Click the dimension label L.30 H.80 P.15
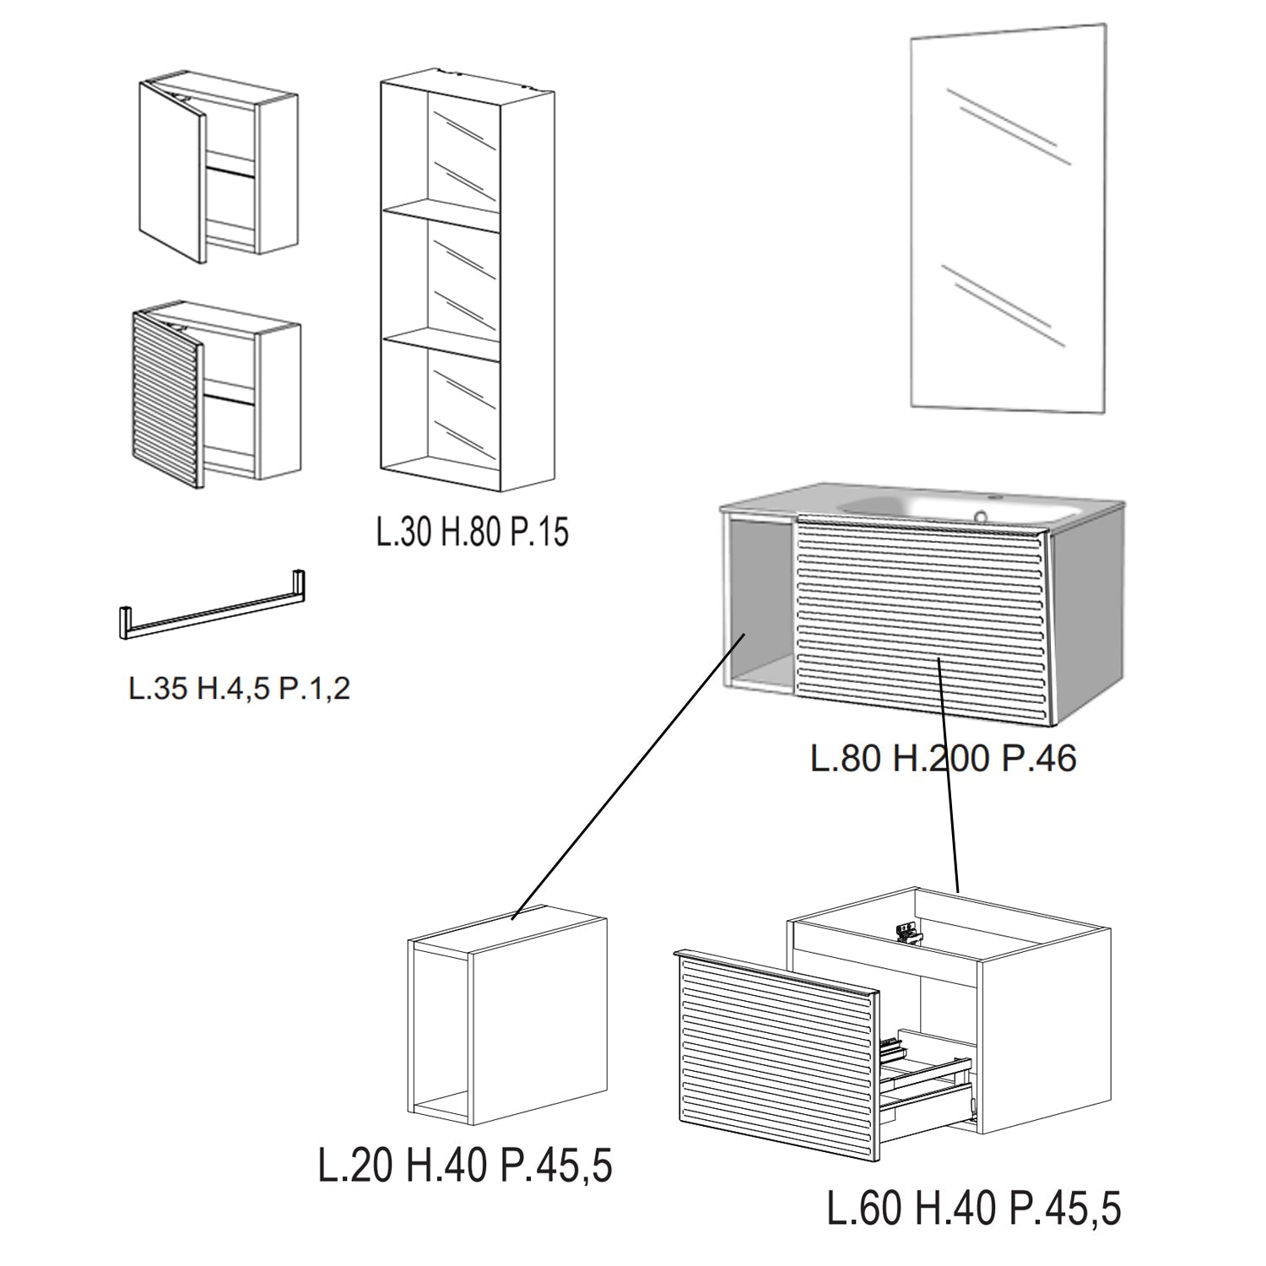(473, 533)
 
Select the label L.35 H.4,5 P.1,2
(239, 690)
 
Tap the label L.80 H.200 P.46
(944, 758)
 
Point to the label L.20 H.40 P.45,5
(465, 1166)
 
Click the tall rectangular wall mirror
(1009, 218)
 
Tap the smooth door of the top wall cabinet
(172, 171)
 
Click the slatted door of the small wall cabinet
(167, 398)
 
